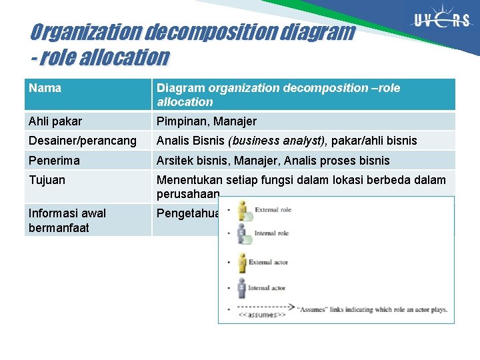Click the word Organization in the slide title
point(85,32)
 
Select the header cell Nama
point(45,88)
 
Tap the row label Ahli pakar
point(55,121)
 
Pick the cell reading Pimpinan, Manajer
point(206,121)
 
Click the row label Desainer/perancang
point(83,141)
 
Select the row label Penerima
point(54,161)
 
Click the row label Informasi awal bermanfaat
point(67,220)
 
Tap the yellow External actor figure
point(241,263)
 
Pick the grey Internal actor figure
point(241,288)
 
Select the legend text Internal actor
point(268,288)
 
